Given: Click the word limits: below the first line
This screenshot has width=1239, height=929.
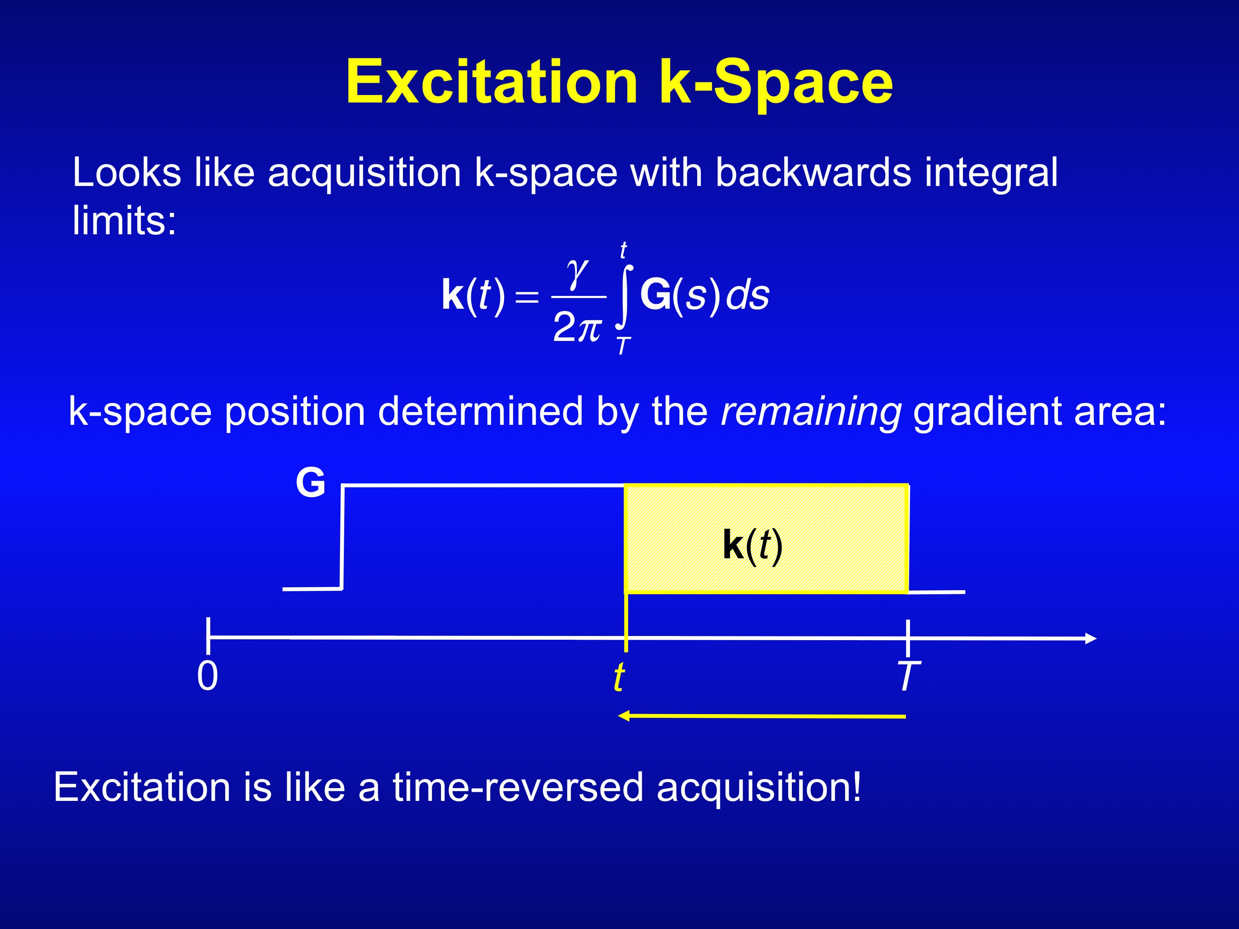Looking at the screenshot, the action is pos(124,220).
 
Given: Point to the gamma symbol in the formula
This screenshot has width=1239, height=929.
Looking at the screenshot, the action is pos(577,274).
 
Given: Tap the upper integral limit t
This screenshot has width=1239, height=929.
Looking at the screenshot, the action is pos(623,250).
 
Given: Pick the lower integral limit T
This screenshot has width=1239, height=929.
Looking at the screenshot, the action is pos(623,345).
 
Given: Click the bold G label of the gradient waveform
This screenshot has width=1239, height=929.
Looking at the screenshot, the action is pos(310,482).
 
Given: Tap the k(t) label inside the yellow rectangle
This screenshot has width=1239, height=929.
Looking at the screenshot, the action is pos(752,546).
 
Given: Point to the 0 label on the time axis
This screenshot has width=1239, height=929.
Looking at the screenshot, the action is pos(207,676).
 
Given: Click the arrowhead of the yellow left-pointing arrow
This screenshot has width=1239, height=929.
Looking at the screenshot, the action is pos(623,716).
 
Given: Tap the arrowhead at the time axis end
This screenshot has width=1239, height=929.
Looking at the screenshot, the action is pos(1091,638).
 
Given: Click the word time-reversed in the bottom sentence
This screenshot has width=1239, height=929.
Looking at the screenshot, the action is pos(518,787).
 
